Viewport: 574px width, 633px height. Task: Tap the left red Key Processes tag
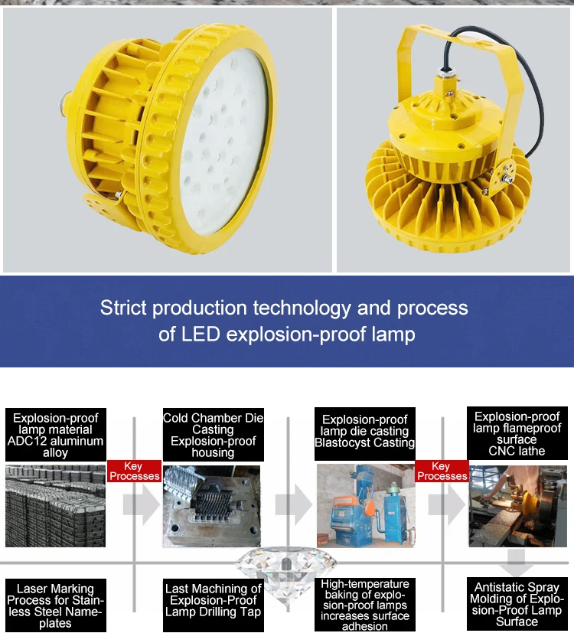(134, 471)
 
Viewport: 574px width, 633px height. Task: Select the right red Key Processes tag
(442, 471)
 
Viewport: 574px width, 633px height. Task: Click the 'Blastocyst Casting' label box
(365, 431)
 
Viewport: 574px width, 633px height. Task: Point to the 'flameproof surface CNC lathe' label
(517, 434)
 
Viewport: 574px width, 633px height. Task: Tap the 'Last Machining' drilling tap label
(214, 600)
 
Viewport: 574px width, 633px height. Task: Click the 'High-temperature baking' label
(365, 605)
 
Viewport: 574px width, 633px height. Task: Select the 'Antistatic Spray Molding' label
(517, 605)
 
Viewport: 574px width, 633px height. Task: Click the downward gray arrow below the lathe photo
(518, 563)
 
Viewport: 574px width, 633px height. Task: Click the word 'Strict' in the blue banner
(124, 308)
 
